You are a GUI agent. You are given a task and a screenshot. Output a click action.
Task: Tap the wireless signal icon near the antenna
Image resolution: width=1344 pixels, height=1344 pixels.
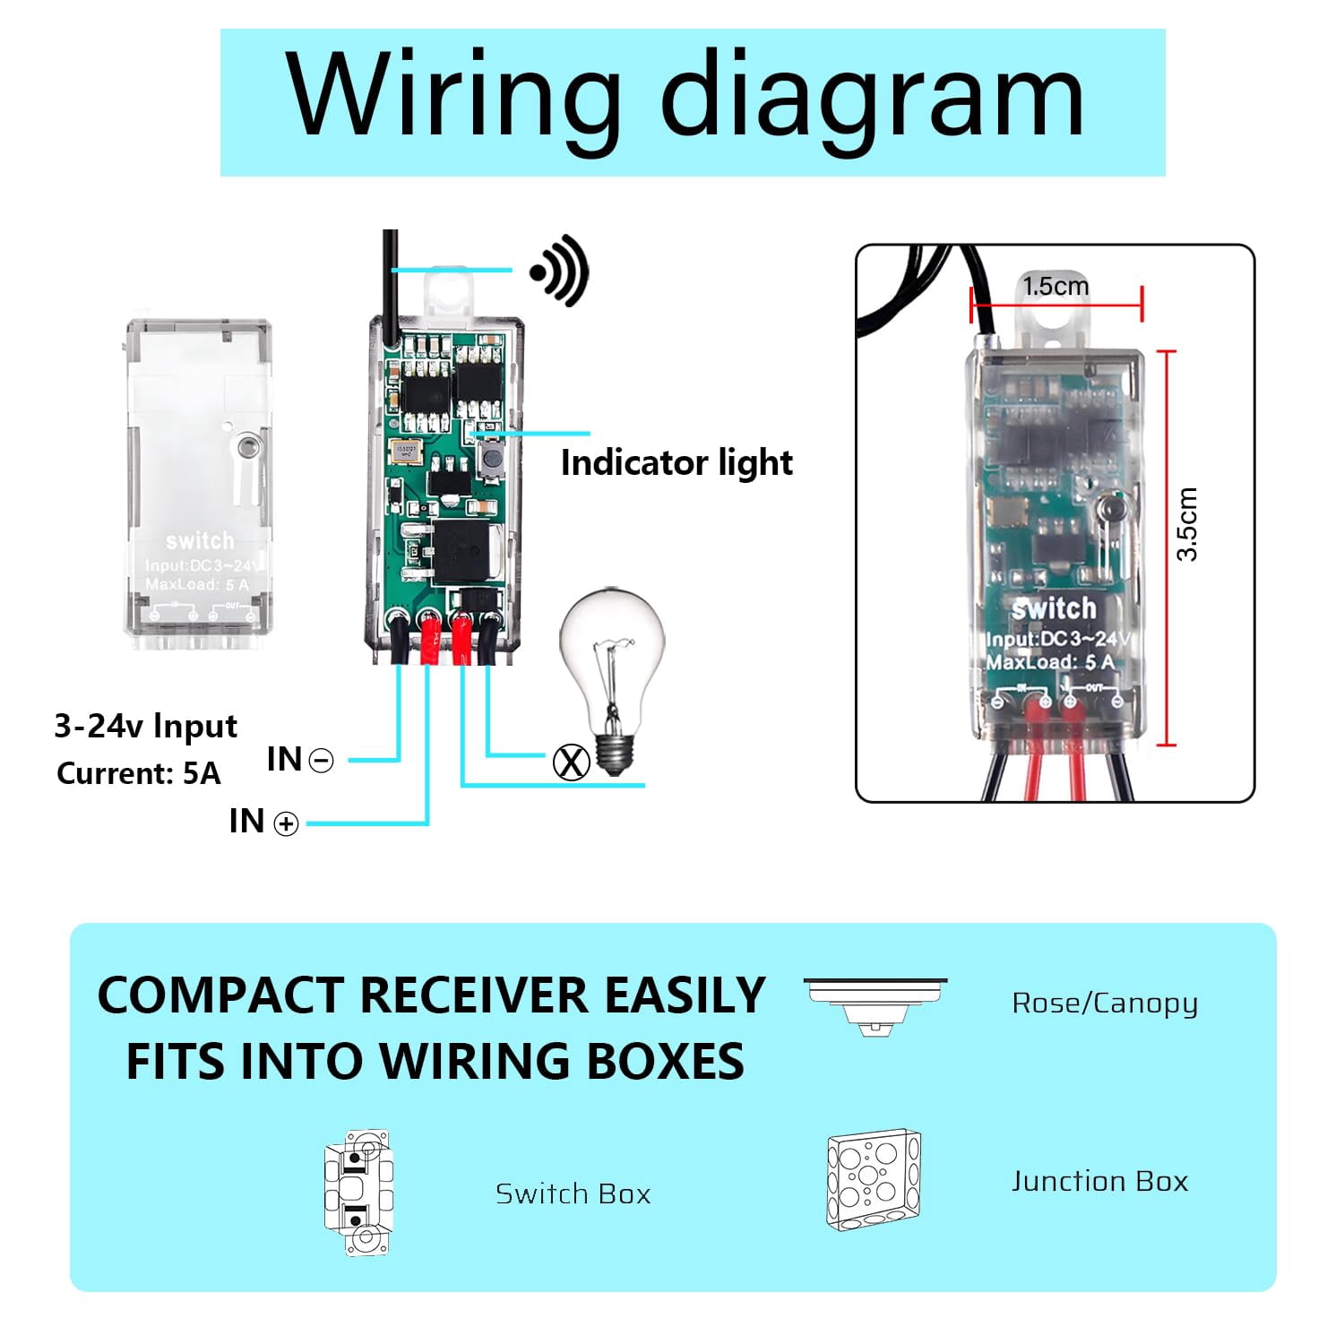(x=561, y=271)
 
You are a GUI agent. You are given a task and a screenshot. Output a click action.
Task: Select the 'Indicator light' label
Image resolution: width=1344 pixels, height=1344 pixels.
(x=676, y=463)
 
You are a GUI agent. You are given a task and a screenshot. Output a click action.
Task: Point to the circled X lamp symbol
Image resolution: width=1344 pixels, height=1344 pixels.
(x=571, y=762)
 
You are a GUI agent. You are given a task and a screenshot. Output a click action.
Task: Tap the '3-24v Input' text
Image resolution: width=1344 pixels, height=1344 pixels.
(x=146, y=726)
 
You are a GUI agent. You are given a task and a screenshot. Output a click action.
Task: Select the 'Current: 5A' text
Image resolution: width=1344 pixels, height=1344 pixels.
(x=138, y=773)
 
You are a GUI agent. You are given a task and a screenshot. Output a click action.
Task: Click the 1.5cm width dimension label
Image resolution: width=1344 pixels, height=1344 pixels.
(x=1055, y=287)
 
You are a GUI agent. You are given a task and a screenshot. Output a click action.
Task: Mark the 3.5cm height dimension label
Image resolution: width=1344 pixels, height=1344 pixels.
(x=1187, y=524)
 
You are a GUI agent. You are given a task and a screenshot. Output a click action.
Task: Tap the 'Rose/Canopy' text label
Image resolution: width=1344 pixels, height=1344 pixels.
(x=1104, y=1004)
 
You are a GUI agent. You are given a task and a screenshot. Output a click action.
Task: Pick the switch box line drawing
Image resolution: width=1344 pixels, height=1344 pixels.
(x=358, y=1193)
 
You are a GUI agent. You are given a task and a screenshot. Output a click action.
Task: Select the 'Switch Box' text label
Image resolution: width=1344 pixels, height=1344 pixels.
(x=573, y=1194)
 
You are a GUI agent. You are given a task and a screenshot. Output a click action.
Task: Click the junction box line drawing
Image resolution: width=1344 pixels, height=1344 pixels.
(x=874, y=1180)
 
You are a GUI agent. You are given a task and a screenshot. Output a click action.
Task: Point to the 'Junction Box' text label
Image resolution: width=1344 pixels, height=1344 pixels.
(x=1099, y=1182)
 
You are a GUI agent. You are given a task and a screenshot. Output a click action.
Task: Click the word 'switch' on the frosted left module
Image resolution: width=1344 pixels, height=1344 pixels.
(x=200, y=540)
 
